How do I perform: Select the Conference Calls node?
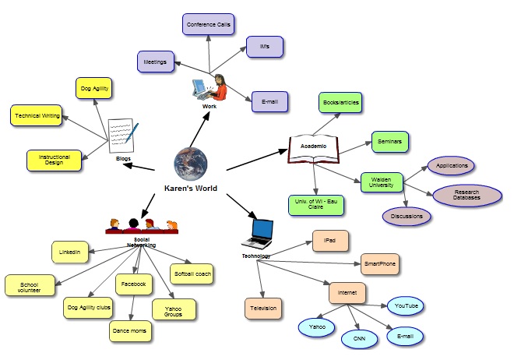[209, 24]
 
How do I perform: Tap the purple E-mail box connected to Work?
[270, 101]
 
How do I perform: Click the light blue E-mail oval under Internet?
[403, 336]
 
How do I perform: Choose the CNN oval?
[360, 339]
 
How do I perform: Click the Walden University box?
[385, 182]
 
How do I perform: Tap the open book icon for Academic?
[313, 150]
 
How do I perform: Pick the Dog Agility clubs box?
[88, 307]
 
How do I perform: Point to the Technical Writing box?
[35, 116]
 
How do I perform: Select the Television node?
[263, 309]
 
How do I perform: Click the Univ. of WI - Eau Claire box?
[315, 204]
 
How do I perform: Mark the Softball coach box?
[192, 274]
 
